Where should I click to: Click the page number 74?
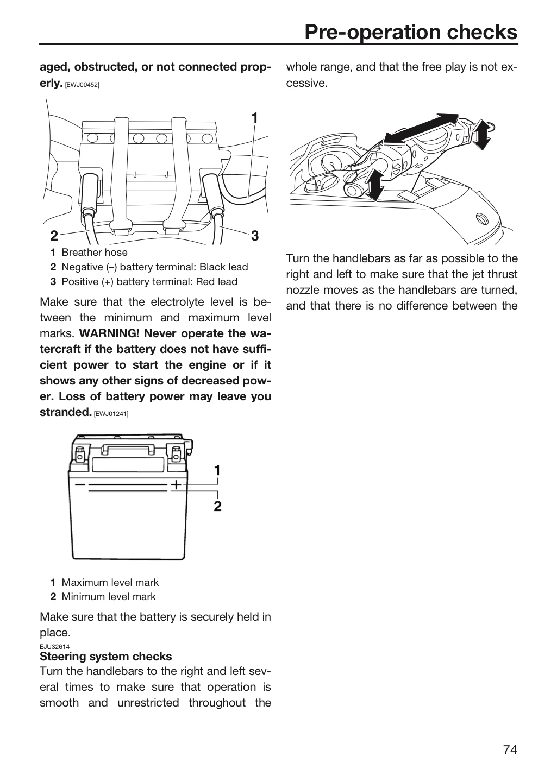(510, 749)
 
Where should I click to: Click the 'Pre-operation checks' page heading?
(411, 33)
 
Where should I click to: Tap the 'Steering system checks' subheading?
(106, 657)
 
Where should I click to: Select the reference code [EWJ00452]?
(83, 85)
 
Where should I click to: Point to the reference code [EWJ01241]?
(111, 414)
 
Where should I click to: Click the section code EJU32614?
(54, 647)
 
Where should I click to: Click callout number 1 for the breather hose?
(255, 118)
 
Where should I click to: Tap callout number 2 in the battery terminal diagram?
(54, 236)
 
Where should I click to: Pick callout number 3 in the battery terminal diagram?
(255, 236)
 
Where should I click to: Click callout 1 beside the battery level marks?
(217, 470)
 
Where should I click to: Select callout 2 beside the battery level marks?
(217, 506)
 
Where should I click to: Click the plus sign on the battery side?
(177, 484)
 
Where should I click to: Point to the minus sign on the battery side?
(80, 484)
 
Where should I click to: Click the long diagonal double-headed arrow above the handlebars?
(421, 129)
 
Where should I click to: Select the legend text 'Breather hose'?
(95, 253)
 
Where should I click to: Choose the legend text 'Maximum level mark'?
(110, 582)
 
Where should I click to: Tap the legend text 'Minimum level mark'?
(109, 597)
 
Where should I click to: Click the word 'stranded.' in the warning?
(66, 412)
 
